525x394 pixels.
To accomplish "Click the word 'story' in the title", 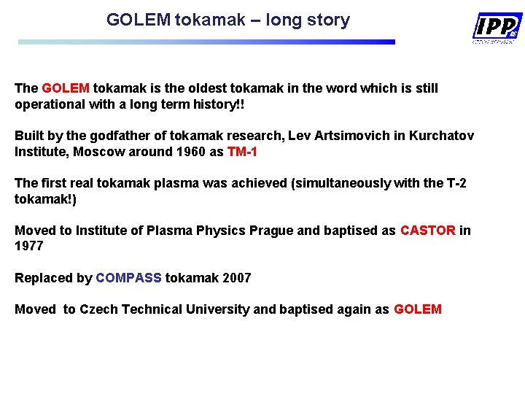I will [x=329, y=20].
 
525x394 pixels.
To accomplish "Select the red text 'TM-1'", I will [x=242, y=152].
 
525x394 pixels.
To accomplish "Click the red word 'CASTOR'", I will [x=428, y=231].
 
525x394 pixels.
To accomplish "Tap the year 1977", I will [x=29, y=247].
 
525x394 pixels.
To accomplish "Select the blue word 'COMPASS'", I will [x=129, y=278].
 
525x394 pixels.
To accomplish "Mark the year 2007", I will [x=236, y=278].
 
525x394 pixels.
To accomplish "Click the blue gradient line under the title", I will [x=206, y=42].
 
